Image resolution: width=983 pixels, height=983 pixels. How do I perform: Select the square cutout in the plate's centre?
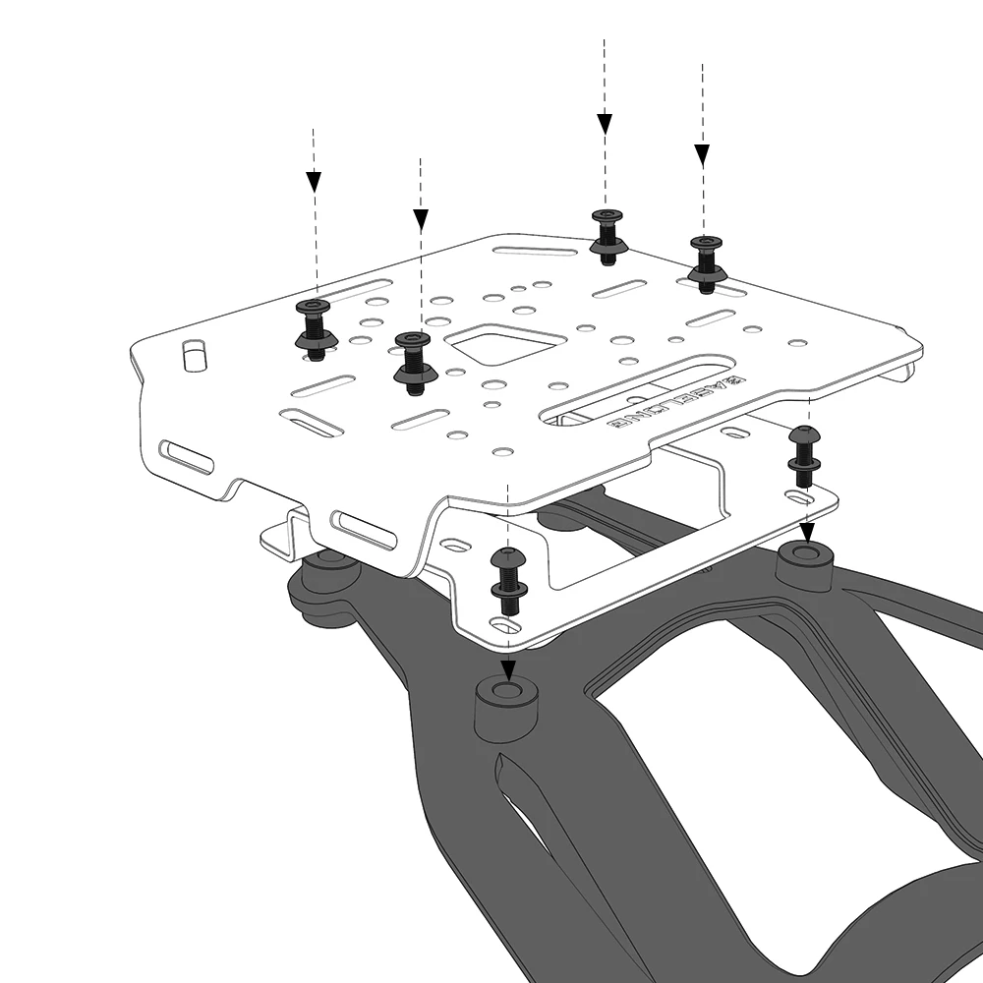504,346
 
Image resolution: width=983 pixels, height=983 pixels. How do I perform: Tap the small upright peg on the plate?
195,355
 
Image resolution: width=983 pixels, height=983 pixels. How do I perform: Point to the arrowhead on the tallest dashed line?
605,124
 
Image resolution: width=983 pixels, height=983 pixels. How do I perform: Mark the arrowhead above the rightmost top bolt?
702,154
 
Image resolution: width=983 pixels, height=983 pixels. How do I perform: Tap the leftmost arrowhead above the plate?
314,182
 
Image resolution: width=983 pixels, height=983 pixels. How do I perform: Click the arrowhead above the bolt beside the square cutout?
421,219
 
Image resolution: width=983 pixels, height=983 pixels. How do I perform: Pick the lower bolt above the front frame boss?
507,577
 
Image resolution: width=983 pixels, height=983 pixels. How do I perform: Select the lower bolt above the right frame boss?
803,455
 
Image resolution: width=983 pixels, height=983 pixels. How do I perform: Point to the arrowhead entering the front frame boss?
507,671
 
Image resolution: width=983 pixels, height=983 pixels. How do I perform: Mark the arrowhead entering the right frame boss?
806,534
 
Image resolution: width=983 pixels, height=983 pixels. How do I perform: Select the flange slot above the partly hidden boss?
363,529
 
